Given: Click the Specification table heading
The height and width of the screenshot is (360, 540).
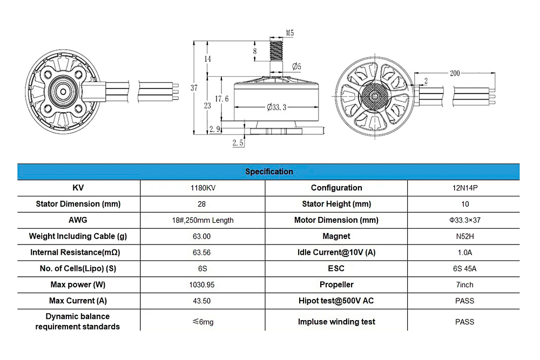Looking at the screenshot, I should pyautogui.click(x=269, y=172).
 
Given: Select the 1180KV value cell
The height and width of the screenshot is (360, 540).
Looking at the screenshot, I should pyautogui.click(x=202, y=188).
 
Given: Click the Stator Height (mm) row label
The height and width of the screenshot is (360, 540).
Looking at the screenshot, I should pyautogui.click(x=336, y=204).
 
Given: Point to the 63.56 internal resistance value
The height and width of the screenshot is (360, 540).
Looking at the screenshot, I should pyautogui.click(x=202, y=253).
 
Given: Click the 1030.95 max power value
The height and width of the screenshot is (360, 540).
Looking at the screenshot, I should pyautogui.click(x=202, y=284).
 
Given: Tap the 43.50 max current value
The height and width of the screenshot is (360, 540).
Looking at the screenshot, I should pyautogui.click(x=202, y=301).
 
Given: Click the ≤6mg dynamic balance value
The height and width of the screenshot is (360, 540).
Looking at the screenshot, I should pyautogui.click(x=202, y=322).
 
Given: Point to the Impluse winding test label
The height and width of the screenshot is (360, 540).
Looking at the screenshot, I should pyautogui.click(x=336, y=322).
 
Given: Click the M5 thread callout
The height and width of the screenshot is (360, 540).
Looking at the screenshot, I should pyautogui.click(x=289, y=33).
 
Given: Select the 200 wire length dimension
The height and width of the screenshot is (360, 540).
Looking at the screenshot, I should pyautogui.click(x=455, y=73).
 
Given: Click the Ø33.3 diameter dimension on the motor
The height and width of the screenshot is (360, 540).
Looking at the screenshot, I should pyautogui.click(x=276, y=107).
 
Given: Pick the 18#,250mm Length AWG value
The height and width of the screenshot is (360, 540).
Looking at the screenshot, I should pyautogui.click(x=202, y=220).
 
